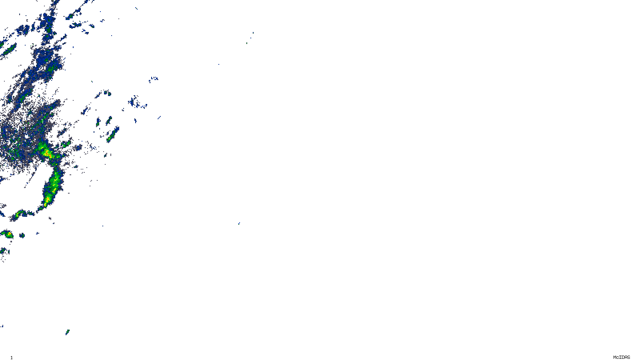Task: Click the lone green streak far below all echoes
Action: [x=67, y=332]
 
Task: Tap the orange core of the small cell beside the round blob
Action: [x=8, y=234]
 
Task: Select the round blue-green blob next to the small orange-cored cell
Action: [x=22, y=235]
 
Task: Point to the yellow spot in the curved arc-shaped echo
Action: [x=17, y=215]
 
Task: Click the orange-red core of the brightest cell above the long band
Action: [x=47, y=152]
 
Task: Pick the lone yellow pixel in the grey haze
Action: [x=26, y=121]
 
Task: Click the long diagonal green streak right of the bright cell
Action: [x=113, y=134]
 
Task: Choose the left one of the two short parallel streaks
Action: [x=98, y=122]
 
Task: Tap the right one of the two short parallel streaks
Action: [x=109, y=120]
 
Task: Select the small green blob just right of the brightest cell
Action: [x=66, y=143]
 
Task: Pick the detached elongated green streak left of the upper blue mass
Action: [x=9, y=49]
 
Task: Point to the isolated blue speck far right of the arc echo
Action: [x=239, y=223]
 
